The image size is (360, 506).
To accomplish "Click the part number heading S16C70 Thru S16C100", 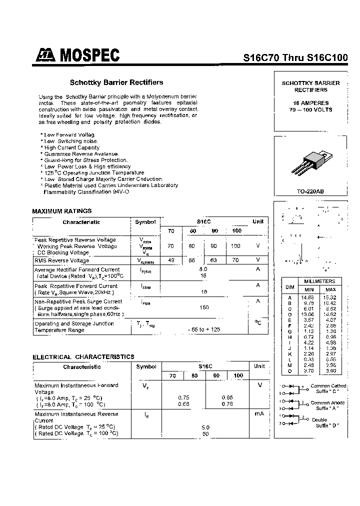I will (295, 57).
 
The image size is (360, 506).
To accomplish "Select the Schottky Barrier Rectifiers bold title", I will (116, 82).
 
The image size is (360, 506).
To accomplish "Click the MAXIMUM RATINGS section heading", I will (62, 211).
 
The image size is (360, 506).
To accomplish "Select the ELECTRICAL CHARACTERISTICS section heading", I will (83, 357).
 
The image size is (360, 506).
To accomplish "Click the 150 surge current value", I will (203, 307).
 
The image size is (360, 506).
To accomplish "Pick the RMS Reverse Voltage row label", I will (62, 260).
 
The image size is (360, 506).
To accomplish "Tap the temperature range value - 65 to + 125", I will (203, 329).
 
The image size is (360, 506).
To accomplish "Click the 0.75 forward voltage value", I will (183, 397).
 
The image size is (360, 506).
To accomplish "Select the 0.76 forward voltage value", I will (226, 404).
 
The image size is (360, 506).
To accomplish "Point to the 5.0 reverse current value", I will (205, 427).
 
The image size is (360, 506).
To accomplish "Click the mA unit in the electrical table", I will (258, 414).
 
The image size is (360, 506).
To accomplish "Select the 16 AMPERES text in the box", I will (310, 102).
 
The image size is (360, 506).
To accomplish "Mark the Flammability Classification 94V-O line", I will (82, 192).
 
